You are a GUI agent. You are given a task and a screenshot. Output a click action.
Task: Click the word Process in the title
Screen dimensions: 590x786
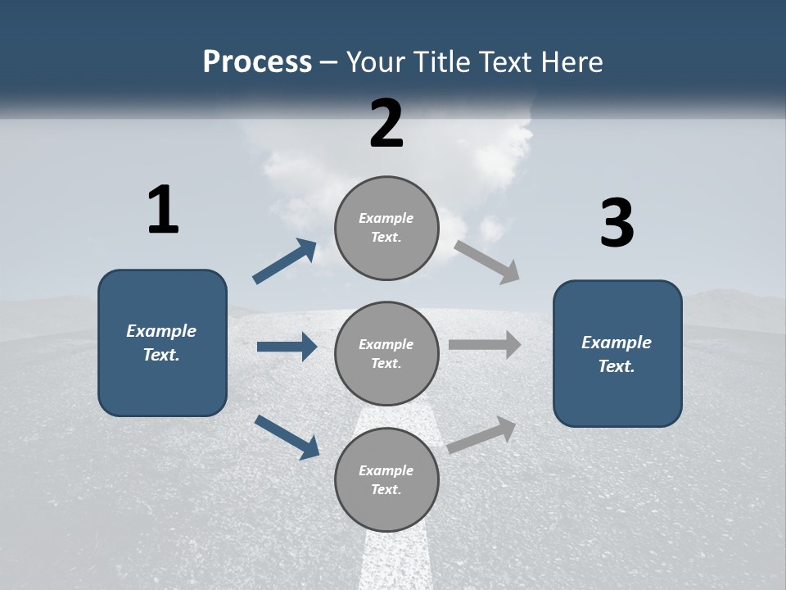(257, 62)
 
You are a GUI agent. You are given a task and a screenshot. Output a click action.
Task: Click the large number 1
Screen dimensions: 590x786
(163, 211)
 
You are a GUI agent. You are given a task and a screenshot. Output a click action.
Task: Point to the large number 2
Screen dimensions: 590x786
(386, 124)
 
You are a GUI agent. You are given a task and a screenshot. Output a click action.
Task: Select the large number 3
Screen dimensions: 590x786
(617, 224)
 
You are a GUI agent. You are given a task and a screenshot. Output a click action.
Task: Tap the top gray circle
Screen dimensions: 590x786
(386, 228)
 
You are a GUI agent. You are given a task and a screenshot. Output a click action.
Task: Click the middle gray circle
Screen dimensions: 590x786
(386, 354)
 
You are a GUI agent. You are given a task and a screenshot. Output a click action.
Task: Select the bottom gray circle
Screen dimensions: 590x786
(386, 480)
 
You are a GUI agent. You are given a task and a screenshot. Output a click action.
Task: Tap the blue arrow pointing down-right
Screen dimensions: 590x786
(287, 437)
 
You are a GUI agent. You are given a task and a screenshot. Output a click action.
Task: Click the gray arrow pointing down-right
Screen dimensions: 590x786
(487, 262)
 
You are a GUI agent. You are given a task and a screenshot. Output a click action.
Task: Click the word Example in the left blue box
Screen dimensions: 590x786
(161, 331)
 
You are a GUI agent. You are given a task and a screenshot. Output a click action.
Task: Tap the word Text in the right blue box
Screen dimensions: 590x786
(616, 366)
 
